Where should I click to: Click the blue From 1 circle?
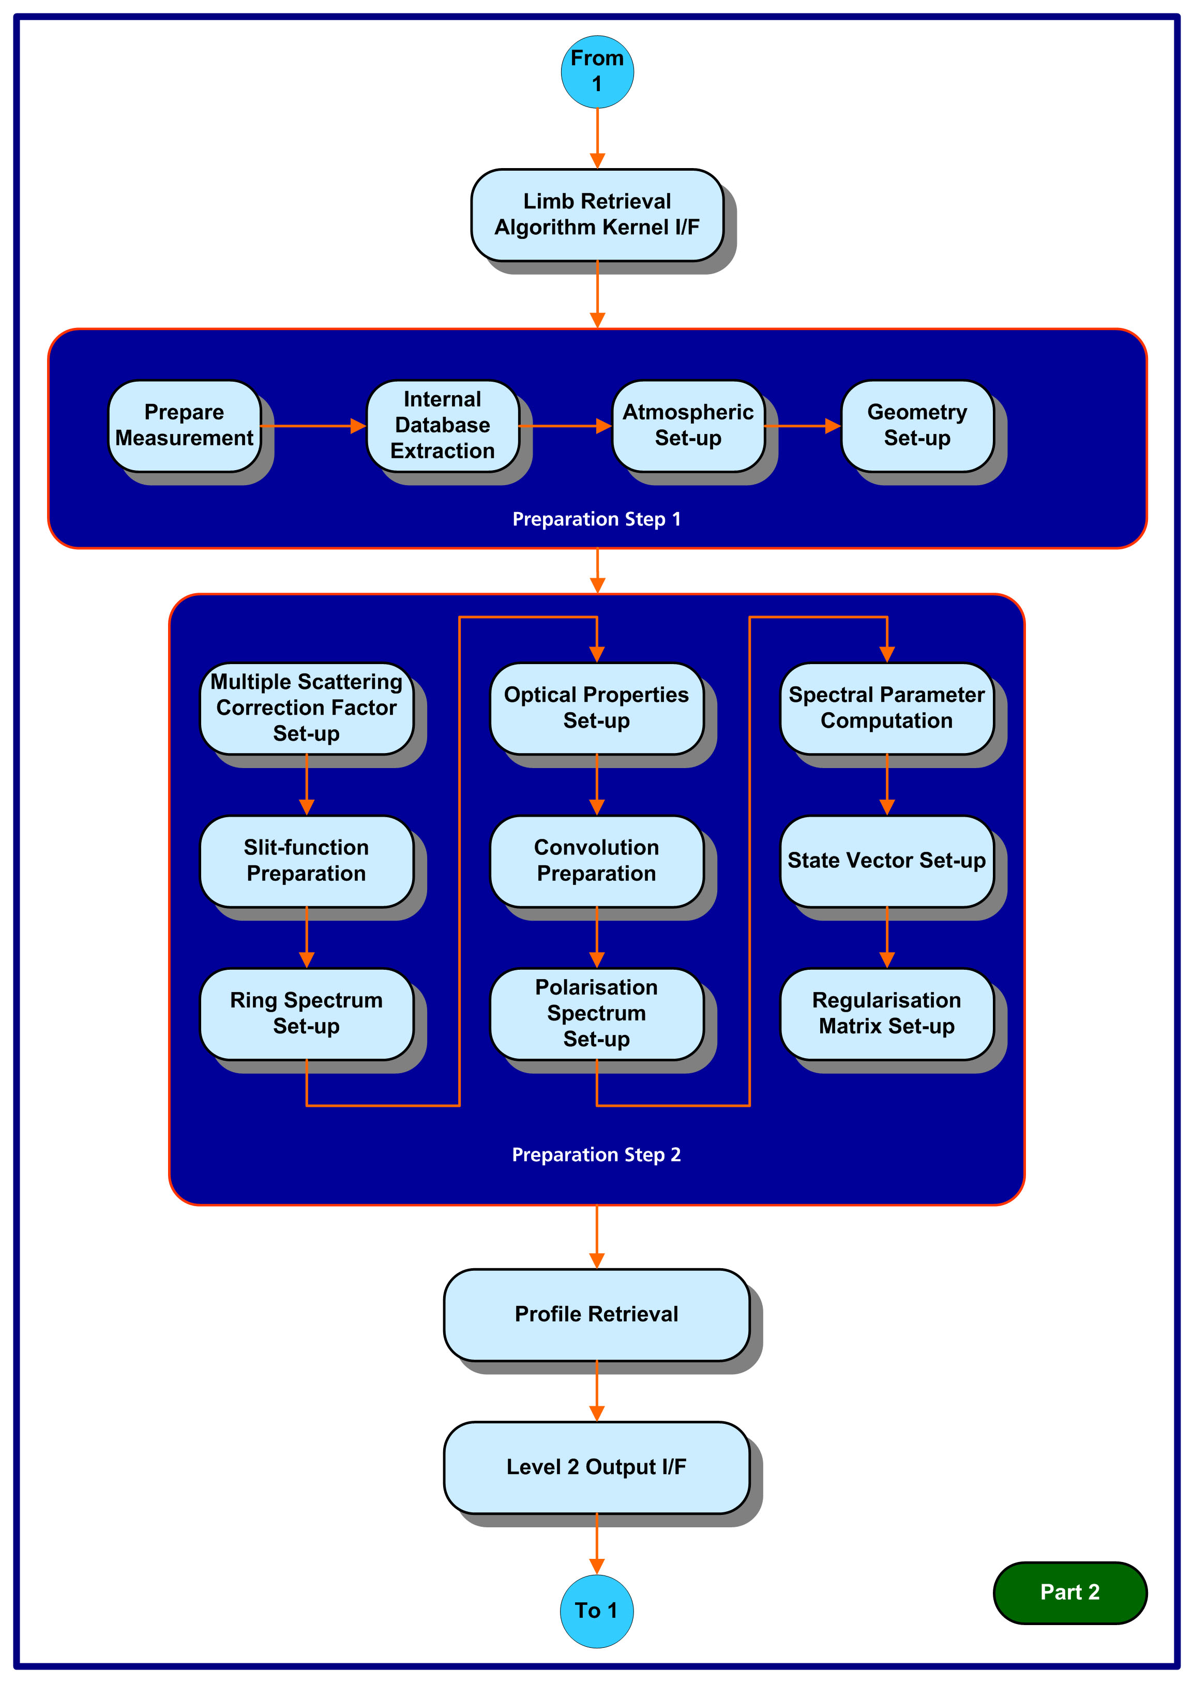tap(597, 72)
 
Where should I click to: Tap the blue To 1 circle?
tap(597, 1611)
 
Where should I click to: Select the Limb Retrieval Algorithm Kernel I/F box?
tap(597, 215)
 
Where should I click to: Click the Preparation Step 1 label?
tap(597, 519)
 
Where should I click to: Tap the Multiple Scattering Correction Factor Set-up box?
tap(306, 708)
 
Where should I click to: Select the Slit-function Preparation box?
tap(306, 861)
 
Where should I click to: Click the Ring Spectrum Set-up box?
tap(306, 1014)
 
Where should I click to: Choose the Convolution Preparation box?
tap(597, 861)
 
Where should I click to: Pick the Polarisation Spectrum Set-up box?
tap(597, 1014)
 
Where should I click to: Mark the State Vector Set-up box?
tap(887, 861)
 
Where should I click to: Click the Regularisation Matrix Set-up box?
tap(887, 1014)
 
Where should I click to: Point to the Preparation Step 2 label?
tap(597, 1155)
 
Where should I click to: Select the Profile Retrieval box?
tap(597, 1314)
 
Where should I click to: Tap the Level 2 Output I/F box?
tap(597, 1467)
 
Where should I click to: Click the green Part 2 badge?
tap(1069, 1592)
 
